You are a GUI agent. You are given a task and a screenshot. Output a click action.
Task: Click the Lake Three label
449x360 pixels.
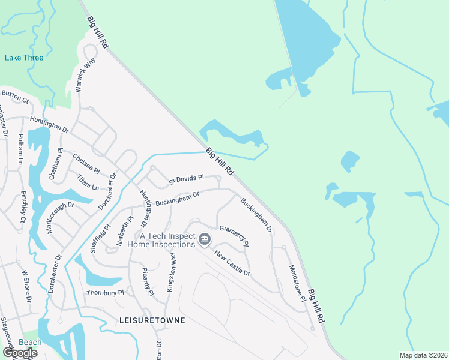coord(24,58)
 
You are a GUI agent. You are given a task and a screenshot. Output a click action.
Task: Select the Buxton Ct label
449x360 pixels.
coord(15,95)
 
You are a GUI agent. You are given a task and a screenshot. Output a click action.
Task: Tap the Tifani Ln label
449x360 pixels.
coord(88,182)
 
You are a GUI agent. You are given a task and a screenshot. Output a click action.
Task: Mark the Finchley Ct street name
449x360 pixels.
coord(23,208)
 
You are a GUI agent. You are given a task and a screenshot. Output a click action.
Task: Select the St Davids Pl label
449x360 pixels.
coord(187,178)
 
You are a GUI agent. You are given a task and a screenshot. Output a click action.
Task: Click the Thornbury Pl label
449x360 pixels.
coord(104,293)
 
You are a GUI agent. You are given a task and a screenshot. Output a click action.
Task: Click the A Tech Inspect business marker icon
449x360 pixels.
coord(205,240)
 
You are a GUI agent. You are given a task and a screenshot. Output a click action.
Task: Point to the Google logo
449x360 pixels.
coord(20,352)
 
